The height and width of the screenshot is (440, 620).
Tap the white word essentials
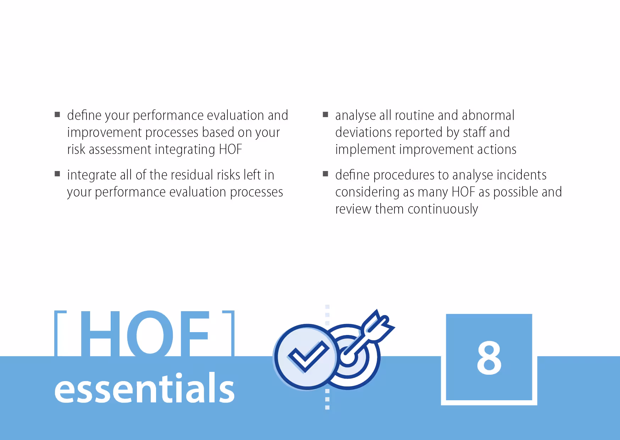[144, 389]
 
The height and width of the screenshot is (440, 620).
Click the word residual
[191, 175]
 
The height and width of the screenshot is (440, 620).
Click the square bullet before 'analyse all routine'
[325, 115]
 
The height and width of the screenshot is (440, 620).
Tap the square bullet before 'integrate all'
[57, 174]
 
